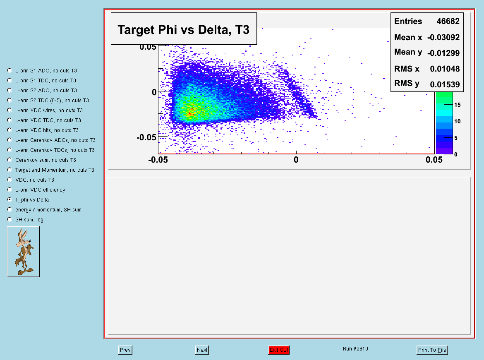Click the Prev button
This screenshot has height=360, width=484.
tap(125, 350)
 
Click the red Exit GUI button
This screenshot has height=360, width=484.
tap(279, 350)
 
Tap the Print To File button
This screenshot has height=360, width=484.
tap(432, 350)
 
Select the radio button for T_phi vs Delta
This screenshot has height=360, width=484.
tap(10, 199)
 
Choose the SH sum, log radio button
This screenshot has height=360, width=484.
tap(10, 219)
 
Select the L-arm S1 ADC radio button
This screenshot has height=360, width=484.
tap(10, 70)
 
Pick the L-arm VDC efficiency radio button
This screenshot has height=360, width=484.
tap(10, 190)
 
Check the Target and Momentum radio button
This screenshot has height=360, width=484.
tap(10, 170)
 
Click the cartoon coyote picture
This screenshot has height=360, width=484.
tap(24, 252)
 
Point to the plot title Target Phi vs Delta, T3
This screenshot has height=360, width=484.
tap(183, 30)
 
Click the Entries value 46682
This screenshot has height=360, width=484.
tap(448, 21)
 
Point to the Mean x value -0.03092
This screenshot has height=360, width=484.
tap(443, 37)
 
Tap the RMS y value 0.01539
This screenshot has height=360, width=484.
tap(445, 84)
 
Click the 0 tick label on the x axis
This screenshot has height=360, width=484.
tap(296, 160)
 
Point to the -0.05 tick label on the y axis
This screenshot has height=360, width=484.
tap(146, 137)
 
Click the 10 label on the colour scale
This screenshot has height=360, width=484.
tap(458, 121)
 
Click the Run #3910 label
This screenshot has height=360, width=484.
tap(355, 348)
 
